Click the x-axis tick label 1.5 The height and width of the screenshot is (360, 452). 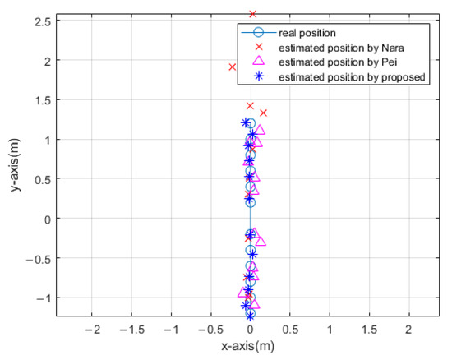368,329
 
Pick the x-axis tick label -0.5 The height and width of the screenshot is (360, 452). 210,329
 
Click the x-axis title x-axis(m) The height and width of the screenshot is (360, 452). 250,346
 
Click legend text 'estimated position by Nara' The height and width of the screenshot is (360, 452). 344,48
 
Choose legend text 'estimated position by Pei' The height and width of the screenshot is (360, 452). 341,62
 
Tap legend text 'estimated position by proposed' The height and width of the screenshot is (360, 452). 352,77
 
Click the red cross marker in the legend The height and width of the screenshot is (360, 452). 258,48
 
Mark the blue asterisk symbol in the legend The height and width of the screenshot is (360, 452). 258,77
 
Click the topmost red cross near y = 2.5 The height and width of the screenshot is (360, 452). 252,14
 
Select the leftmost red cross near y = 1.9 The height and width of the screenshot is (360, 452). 233,67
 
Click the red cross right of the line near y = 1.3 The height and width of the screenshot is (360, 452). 264,113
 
